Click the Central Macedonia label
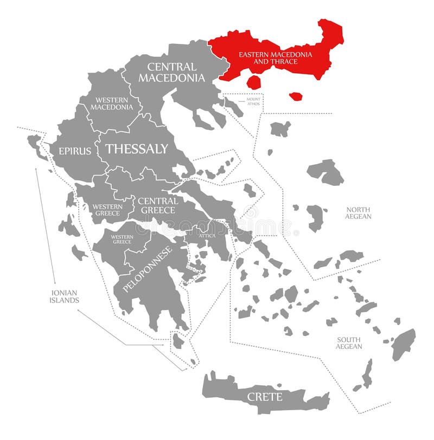coord(171,73)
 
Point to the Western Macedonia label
coord(112,103)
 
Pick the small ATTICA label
coord(207,235)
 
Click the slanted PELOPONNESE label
coord(147,269)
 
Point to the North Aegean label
coord(358,212)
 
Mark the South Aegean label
coord(348,342)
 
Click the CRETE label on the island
coord(265,397)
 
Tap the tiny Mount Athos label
coord(253,101)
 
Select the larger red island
coord(253,82)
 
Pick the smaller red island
coord(296,96)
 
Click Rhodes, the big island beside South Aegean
coord(404,344)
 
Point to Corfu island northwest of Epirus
coord(37,145)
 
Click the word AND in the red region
coord(261,62)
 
